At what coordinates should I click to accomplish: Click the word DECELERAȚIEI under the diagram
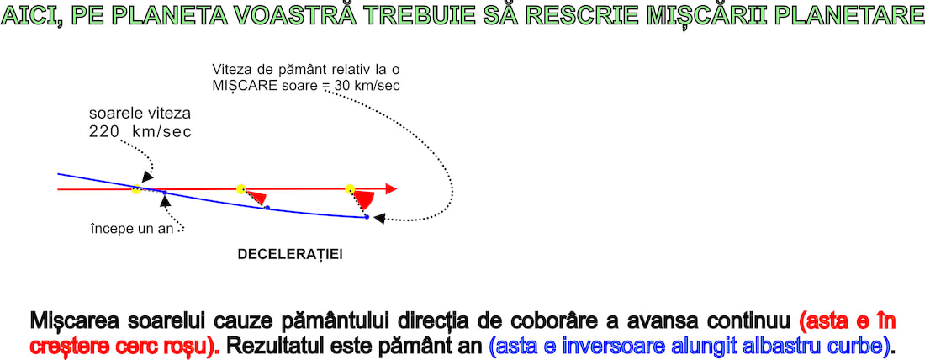pyautogui.click(x=290, y=254)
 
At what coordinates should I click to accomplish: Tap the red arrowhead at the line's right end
pyautogui.click(x=391, y=189)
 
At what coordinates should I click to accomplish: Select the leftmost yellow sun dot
pyautogui.click(x=136, y=190)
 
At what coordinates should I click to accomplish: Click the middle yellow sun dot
pyautogui.click(x=240, y=189)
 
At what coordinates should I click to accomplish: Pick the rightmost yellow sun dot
pyautogui.click(x=350, y=189)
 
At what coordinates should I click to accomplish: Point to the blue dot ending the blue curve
pyautogui.click(x=367, y=217)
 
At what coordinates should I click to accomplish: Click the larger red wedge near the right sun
pyautogui.click(x=364, y=199)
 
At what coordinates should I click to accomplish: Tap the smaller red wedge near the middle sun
pyautogui.click(x=258, y=199)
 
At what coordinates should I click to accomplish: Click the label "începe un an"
pyautogui.click(x=132, y=229)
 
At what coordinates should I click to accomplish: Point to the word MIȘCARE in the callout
pyautogui.click(x=239, y=86)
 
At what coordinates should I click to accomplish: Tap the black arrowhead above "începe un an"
pyautogui.click(x=163, y=202)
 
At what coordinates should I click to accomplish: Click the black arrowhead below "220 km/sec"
pyautogui.click(x=147, y=176)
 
